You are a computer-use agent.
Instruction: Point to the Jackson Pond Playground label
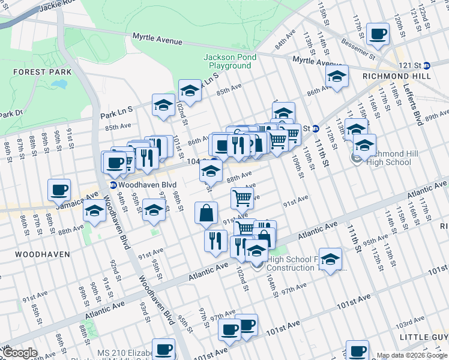pos(230,61)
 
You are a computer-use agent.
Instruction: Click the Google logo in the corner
pos(20,353)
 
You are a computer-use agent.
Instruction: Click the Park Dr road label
pos(10,113)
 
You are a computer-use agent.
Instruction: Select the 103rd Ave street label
pos(424,324)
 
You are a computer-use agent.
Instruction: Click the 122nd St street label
pos(424,12)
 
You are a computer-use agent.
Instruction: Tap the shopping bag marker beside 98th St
pos(206,213)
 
